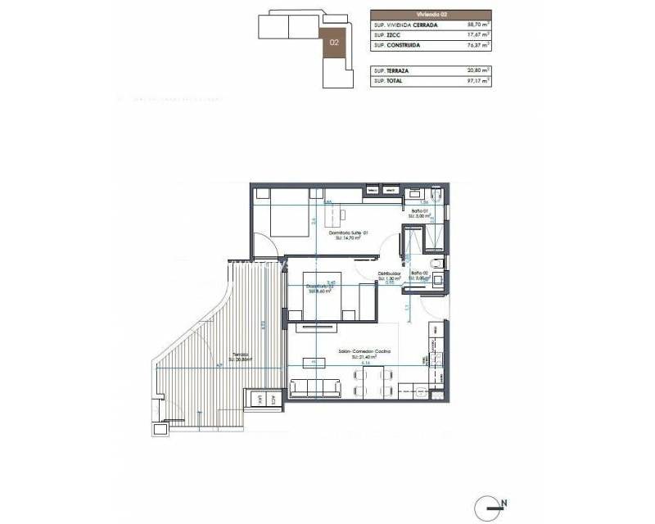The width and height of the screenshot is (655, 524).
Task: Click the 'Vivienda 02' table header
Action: pos(431,13)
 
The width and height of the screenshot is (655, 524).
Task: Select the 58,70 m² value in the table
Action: pos(474,25)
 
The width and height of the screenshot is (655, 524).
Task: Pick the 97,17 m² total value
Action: pos(474,81)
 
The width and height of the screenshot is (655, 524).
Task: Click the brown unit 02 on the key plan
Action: pos(334,41)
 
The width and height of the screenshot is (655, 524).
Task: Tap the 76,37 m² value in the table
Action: pos(474,46)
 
